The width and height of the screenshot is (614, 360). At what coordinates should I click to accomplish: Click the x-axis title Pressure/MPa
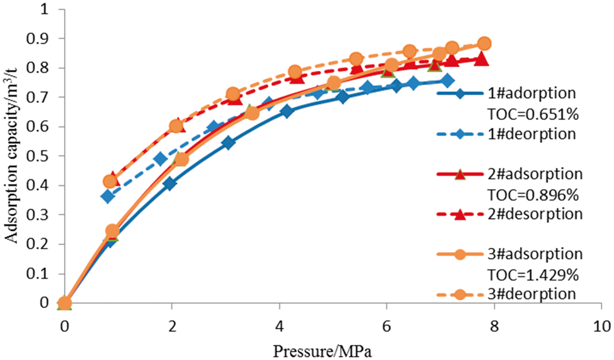tap(322, 351)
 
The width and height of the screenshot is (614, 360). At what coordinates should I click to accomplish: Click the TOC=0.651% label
tap(533, 114)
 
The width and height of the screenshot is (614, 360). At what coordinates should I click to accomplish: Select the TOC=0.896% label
tap(533, 195)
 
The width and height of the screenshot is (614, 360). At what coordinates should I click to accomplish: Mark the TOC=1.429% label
tap(533, 274)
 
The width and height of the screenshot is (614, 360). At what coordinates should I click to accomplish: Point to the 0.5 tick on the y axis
tap(38, 156)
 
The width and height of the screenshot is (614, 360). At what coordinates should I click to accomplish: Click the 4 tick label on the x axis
tap(279, 327)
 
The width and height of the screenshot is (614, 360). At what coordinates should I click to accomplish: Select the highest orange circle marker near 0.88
tap(484, 43)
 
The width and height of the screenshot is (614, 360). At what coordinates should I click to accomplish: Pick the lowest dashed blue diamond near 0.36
tap(108, 197)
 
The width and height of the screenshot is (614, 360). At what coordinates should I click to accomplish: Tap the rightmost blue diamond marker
tap(447, 81)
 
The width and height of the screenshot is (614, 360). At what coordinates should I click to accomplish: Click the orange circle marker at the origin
tap(65, 303)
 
